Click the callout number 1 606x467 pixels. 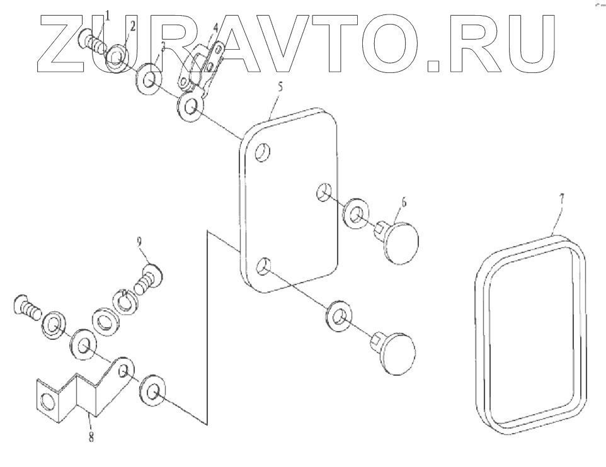[107, 15]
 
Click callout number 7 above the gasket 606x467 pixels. [562, 198]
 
